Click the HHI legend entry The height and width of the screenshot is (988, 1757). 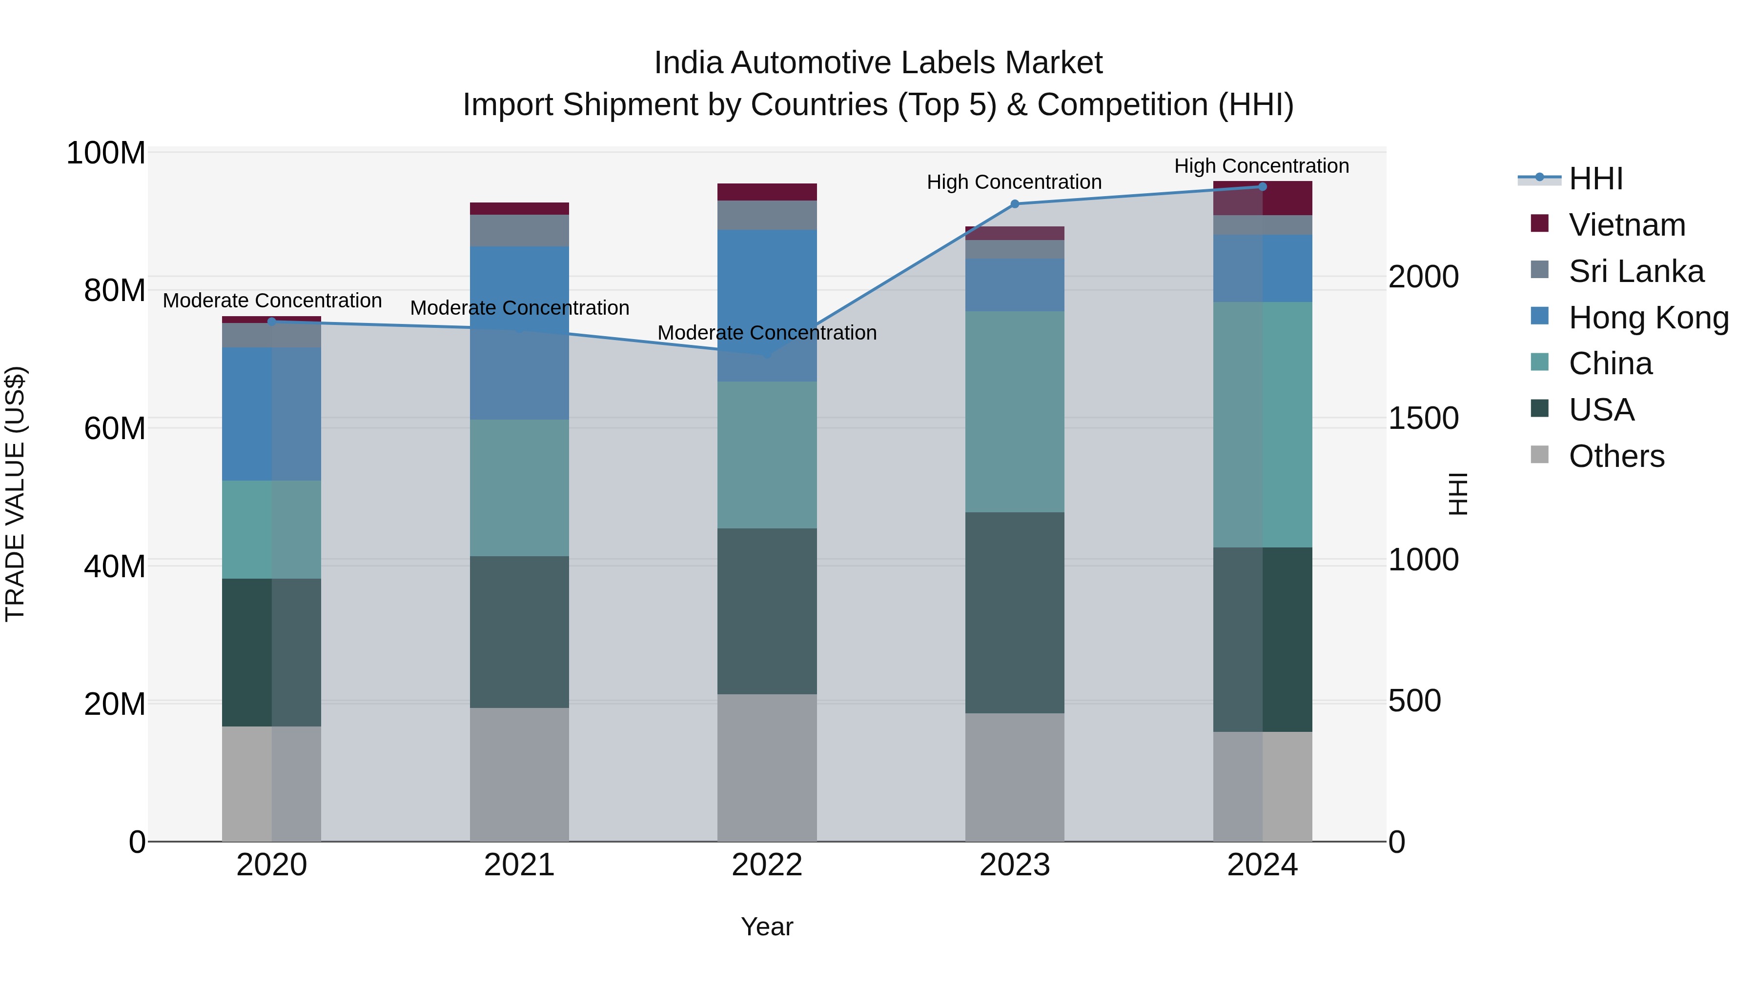coord(1594,179)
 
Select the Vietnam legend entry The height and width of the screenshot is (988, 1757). coord(1626,225)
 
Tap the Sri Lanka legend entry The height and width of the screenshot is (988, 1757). coord(1635,271)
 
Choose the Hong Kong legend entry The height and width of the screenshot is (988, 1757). coord(1648,318)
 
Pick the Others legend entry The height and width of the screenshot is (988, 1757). coord(1616,456)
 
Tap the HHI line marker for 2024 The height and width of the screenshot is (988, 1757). coord(1262,187)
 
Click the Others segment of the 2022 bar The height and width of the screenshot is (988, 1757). coord(767,768)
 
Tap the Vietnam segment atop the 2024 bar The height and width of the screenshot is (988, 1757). coord(1262,199)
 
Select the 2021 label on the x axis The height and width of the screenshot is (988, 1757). coord(519,865)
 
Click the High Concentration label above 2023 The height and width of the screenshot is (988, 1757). coord(1014,182)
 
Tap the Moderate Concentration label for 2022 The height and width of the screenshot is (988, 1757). coord(767,333)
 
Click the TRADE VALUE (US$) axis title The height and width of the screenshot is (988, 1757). coord(15,494)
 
